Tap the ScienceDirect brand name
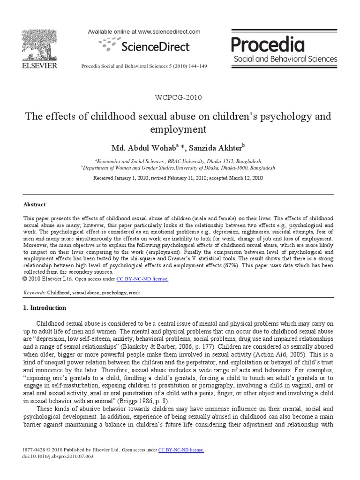coord(155,46)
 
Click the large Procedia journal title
coord(268,45)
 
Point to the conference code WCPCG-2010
coord(180,97)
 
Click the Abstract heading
coord(35,204)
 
